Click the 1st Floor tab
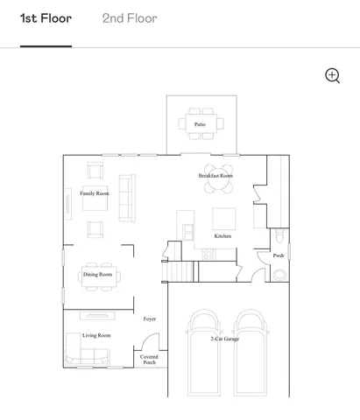(46, 18)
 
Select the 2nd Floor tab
(130, 18)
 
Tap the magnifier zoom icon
(332, 75)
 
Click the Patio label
(201, 125)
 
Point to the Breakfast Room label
(215, 176)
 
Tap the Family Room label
(95, 193)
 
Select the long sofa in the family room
(127, 197)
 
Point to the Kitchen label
(223, 236)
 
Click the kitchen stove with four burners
(209, 253)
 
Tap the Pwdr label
(279, 255)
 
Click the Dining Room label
(97, 275)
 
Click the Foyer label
(150, 319)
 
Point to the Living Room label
(96, 335)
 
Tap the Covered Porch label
(150, 360)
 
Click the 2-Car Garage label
(225, 338)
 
